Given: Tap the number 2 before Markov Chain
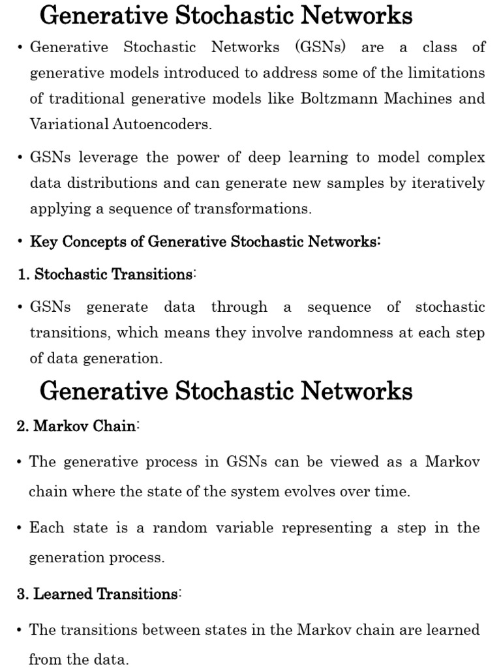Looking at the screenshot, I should pyautogui.click(x=22, y=427).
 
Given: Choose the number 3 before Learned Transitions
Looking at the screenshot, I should pyautogui.click(x=22, y=594).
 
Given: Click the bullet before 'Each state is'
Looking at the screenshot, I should pyautogui.click(x=21, y=528).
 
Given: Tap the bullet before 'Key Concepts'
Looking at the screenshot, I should pyautogui.click(x=21, y=242).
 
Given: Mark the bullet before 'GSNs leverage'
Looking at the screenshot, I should pyautogui.click(x=21, y=157).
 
